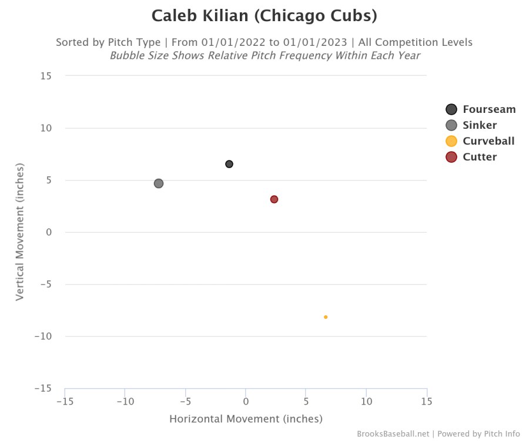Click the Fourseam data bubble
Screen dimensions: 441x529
point(229,164)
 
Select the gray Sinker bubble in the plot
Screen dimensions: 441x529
point(159,183)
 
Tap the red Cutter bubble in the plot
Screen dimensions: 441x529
point(274,199)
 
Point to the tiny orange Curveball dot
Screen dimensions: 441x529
point(326,317)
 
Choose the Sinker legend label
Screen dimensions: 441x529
point(479,125)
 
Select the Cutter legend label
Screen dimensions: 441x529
point(479,157)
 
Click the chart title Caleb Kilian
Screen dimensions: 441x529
point(264,16)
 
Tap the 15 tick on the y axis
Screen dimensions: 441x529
point(46,76)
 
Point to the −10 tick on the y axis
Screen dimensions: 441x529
point(43,336)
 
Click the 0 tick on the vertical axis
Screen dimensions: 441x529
point(49,232)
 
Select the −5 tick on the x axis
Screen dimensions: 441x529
point(185,402)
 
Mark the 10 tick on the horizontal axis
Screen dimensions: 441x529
point(366,402)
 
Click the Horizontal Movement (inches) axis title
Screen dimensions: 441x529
point(246,419)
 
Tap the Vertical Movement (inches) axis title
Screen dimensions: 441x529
point(20,232)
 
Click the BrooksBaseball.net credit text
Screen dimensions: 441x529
point(393,434)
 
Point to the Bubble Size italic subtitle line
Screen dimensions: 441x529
point(264,56)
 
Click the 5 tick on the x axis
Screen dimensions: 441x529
point(306,402)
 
